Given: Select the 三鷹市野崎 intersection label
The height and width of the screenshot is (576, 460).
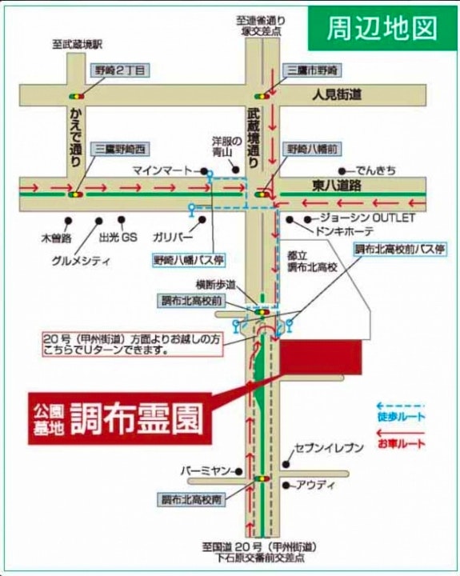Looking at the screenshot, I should pos(314,70).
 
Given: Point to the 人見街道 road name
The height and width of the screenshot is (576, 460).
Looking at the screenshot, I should pos(337,94).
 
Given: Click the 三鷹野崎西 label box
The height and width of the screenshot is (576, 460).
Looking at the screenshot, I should pos(121,149).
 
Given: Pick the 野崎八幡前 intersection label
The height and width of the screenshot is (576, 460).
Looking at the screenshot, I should pos(312,149).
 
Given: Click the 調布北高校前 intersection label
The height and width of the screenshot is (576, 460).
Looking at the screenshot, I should pos(192,301).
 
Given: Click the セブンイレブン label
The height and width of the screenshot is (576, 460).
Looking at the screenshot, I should pos(329,450).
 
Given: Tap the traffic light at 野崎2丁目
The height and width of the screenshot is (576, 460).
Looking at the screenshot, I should pos(82,94).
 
